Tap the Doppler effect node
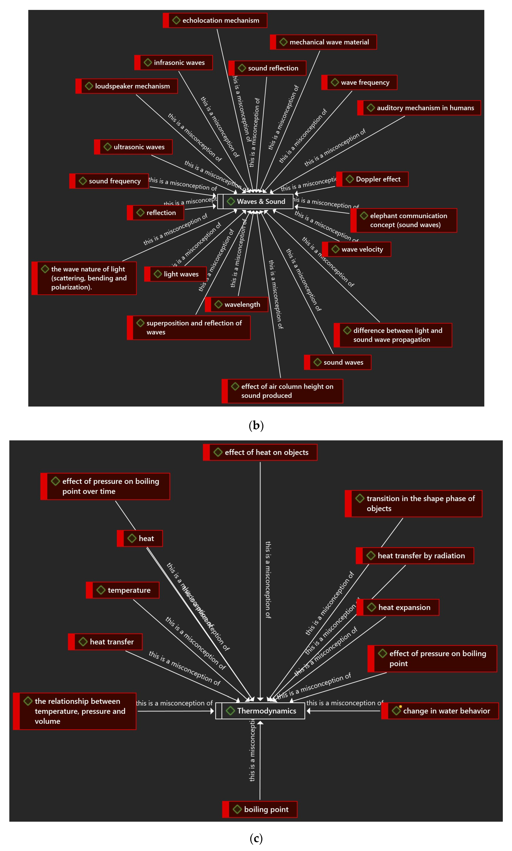pos(373,179)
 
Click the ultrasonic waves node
pos(134,147)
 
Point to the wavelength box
pos(237,304)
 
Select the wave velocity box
pos(357,249)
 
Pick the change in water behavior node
pos(440,711)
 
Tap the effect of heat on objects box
pos(260,452)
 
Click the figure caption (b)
pos(256,425)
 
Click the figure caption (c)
pos(256,838)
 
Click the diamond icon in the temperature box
pos(101,590)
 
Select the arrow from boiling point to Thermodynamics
pos(260,760)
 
